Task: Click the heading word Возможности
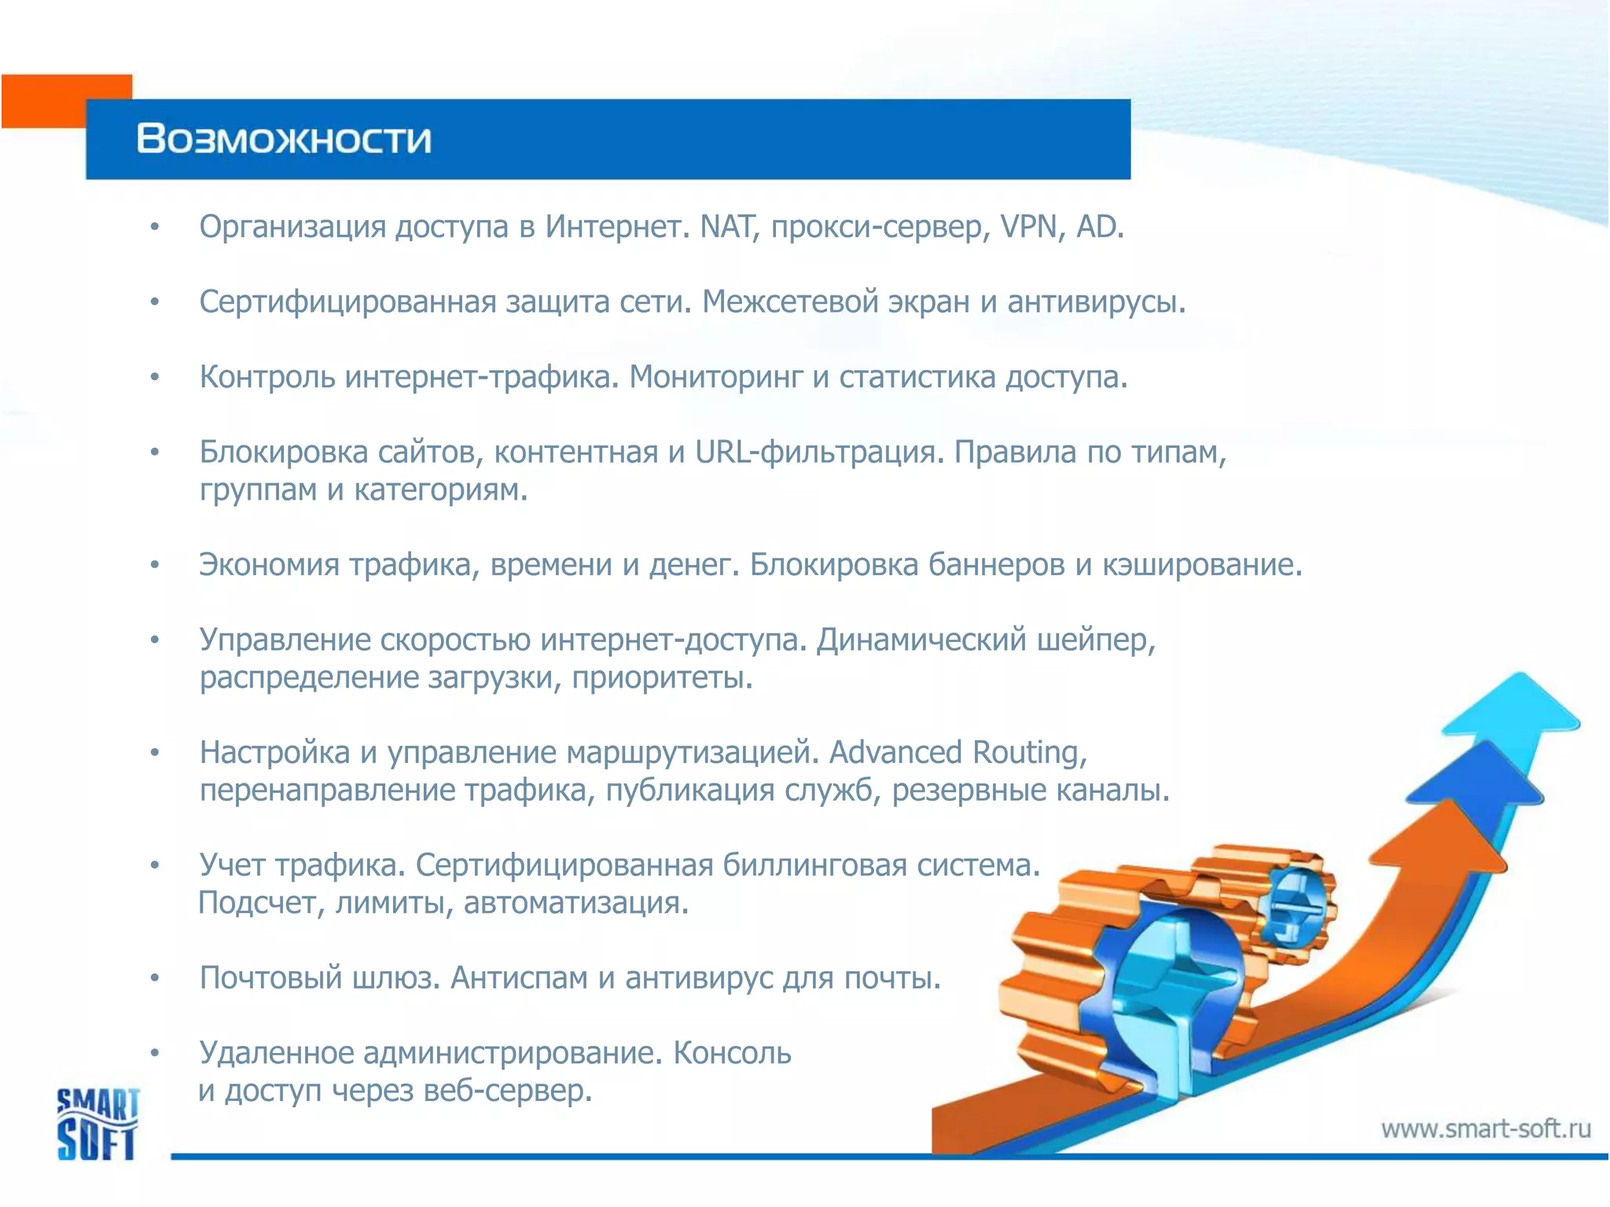[284, 139]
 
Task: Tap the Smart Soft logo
[97, 1124]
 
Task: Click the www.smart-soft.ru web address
[1486, 1129]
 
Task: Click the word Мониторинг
[716, 377]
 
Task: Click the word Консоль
[732, 1053]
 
